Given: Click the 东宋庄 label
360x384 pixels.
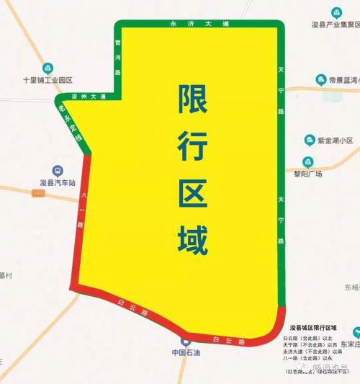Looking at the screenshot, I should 350,344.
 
